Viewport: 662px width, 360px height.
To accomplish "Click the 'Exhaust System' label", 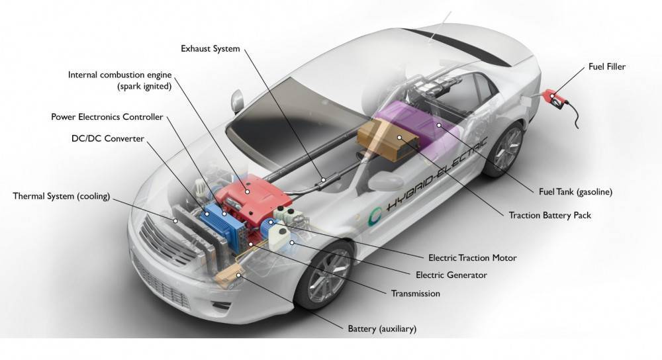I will tap(210, 49).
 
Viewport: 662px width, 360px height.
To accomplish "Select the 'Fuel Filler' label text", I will tap(606, 67).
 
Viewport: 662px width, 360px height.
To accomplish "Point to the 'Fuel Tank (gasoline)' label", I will tap(575, 192).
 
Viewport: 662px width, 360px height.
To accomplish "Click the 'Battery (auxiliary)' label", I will tap(382, 328).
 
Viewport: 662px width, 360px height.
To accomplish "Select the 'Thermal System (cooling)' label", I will tap(61, 196).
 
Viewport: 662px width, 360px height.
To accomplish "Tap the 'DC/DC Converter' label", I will tap(107, 138).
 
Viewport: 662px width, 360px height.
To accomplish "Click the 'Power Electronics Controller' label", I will tap(107, 117).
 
